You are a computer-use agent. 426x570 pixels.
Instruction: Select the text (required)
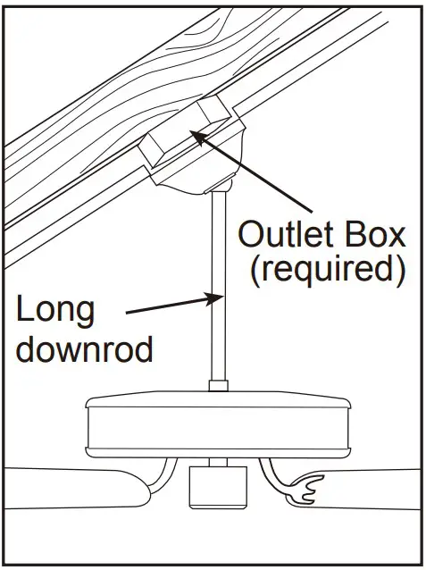[x=322, y=269]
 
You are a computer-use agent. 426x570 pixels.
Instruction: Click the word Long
[x=55, y=313]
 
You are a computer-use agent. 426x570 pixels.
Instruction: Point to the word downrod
[x=86, y=348]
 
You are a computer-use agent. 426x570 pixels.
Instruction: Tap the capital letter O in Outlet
[x=249, y=236]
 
